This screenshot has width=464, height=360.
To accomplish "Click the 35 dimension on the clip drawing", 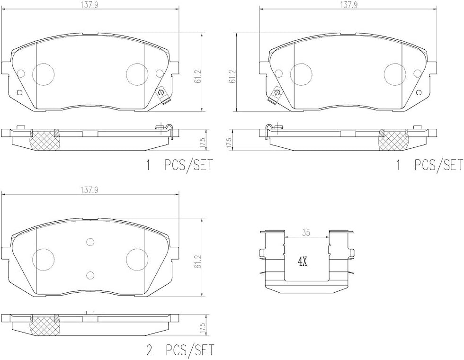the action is pyautogui.click(x=306, y=233).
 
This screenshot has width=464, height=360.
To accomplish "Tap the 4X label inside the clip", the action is pyautogui.click(x=302, y=261).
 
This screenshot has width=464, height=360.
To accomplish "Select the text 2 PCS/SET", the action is pyautogui.click(x=180, y=350).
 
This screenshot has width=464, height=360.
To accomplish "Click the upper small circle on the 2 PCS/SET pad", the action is pyautogui.click(x=90, y=242).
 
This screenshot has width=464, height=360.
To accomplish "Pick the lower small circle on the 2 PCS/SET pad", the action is pyautogui.click(x=90, y=275).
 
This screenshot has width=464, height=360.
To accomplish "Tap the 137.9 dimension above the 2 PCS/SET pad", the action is pyautogui.click(x=89, y=190).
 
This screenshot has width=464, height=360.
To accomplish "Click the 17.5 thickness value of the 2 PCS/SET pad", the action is pyautogui.click(x=203, y=328).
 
